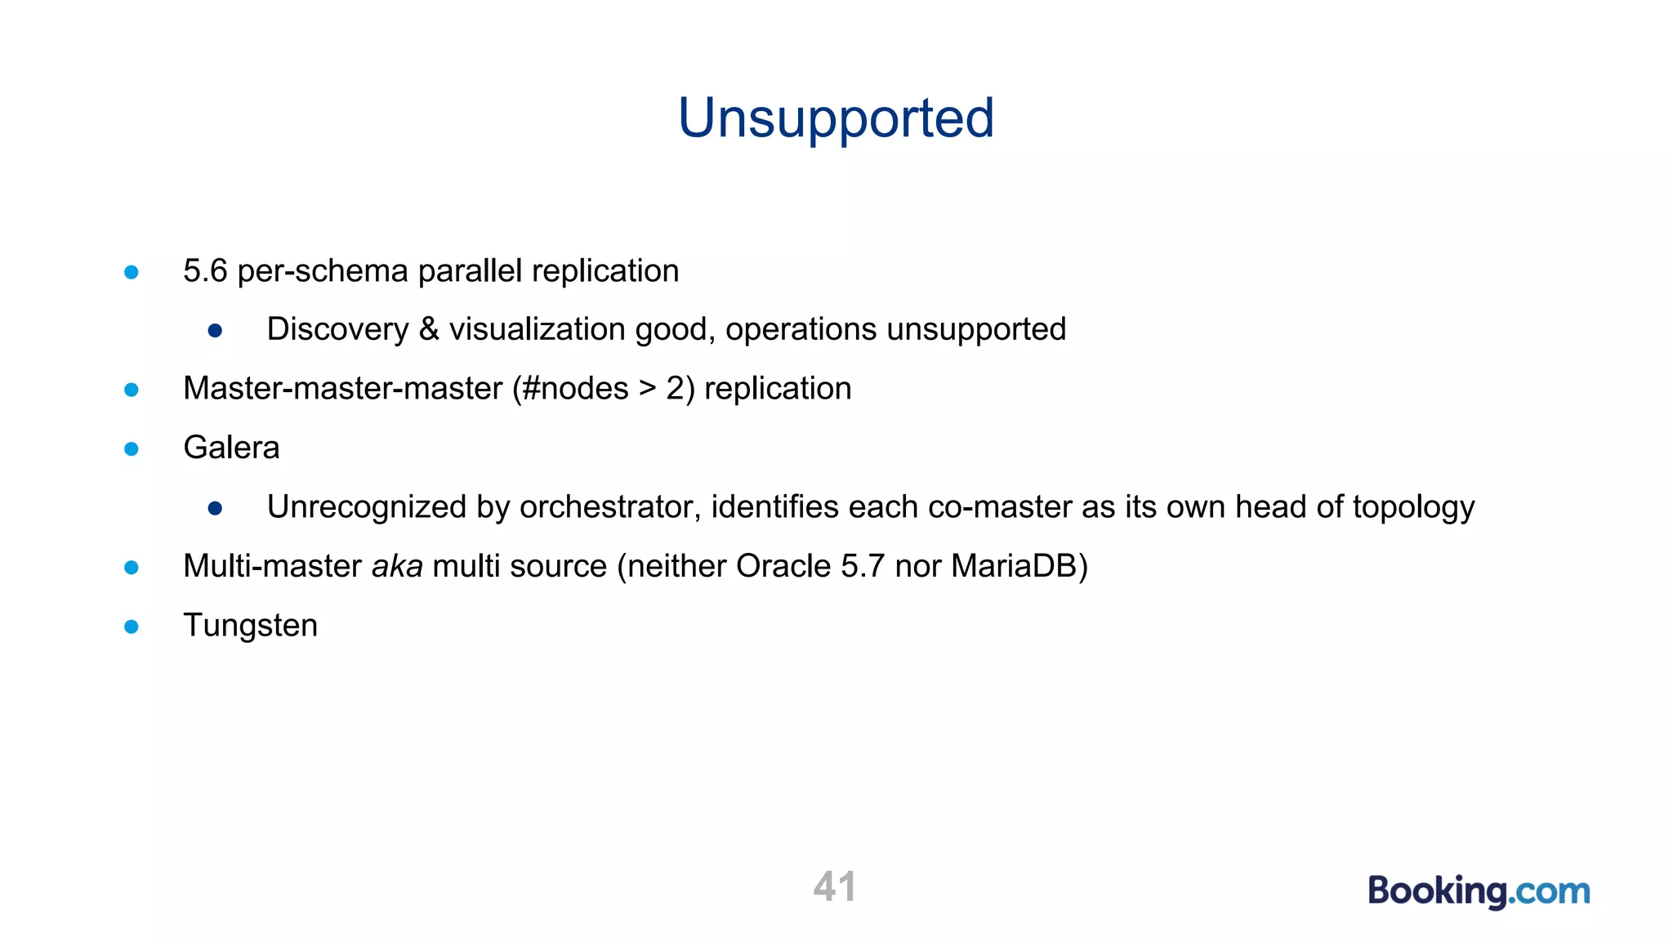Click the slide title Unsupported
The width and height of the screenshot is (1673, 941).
836,118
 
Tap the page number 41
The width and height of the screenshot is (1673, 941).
835,886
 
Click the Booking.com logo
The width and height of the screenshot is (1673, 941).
1479,890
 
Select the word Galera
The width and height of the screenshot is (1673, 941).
231,448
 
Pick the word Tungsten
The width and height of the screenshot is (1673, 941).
250,626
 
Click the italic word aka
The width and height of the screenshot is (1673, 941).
397,566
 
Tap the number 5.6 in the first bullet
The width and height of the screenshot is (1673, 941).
204,271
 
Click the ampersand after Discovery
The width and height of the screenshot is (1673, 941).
429,329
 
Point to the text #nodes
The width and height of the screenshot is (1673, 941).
575,389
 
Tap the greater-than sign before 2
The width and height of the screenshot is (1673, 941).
648,389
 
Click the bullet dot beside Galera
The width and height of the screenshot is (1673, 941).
132,449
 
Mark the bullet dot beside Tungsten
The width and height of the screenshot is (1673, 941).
132,627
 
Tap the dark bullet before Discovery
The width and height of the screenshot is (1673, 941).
215,331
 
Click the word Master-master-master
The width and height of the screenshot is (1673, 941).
342,389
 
